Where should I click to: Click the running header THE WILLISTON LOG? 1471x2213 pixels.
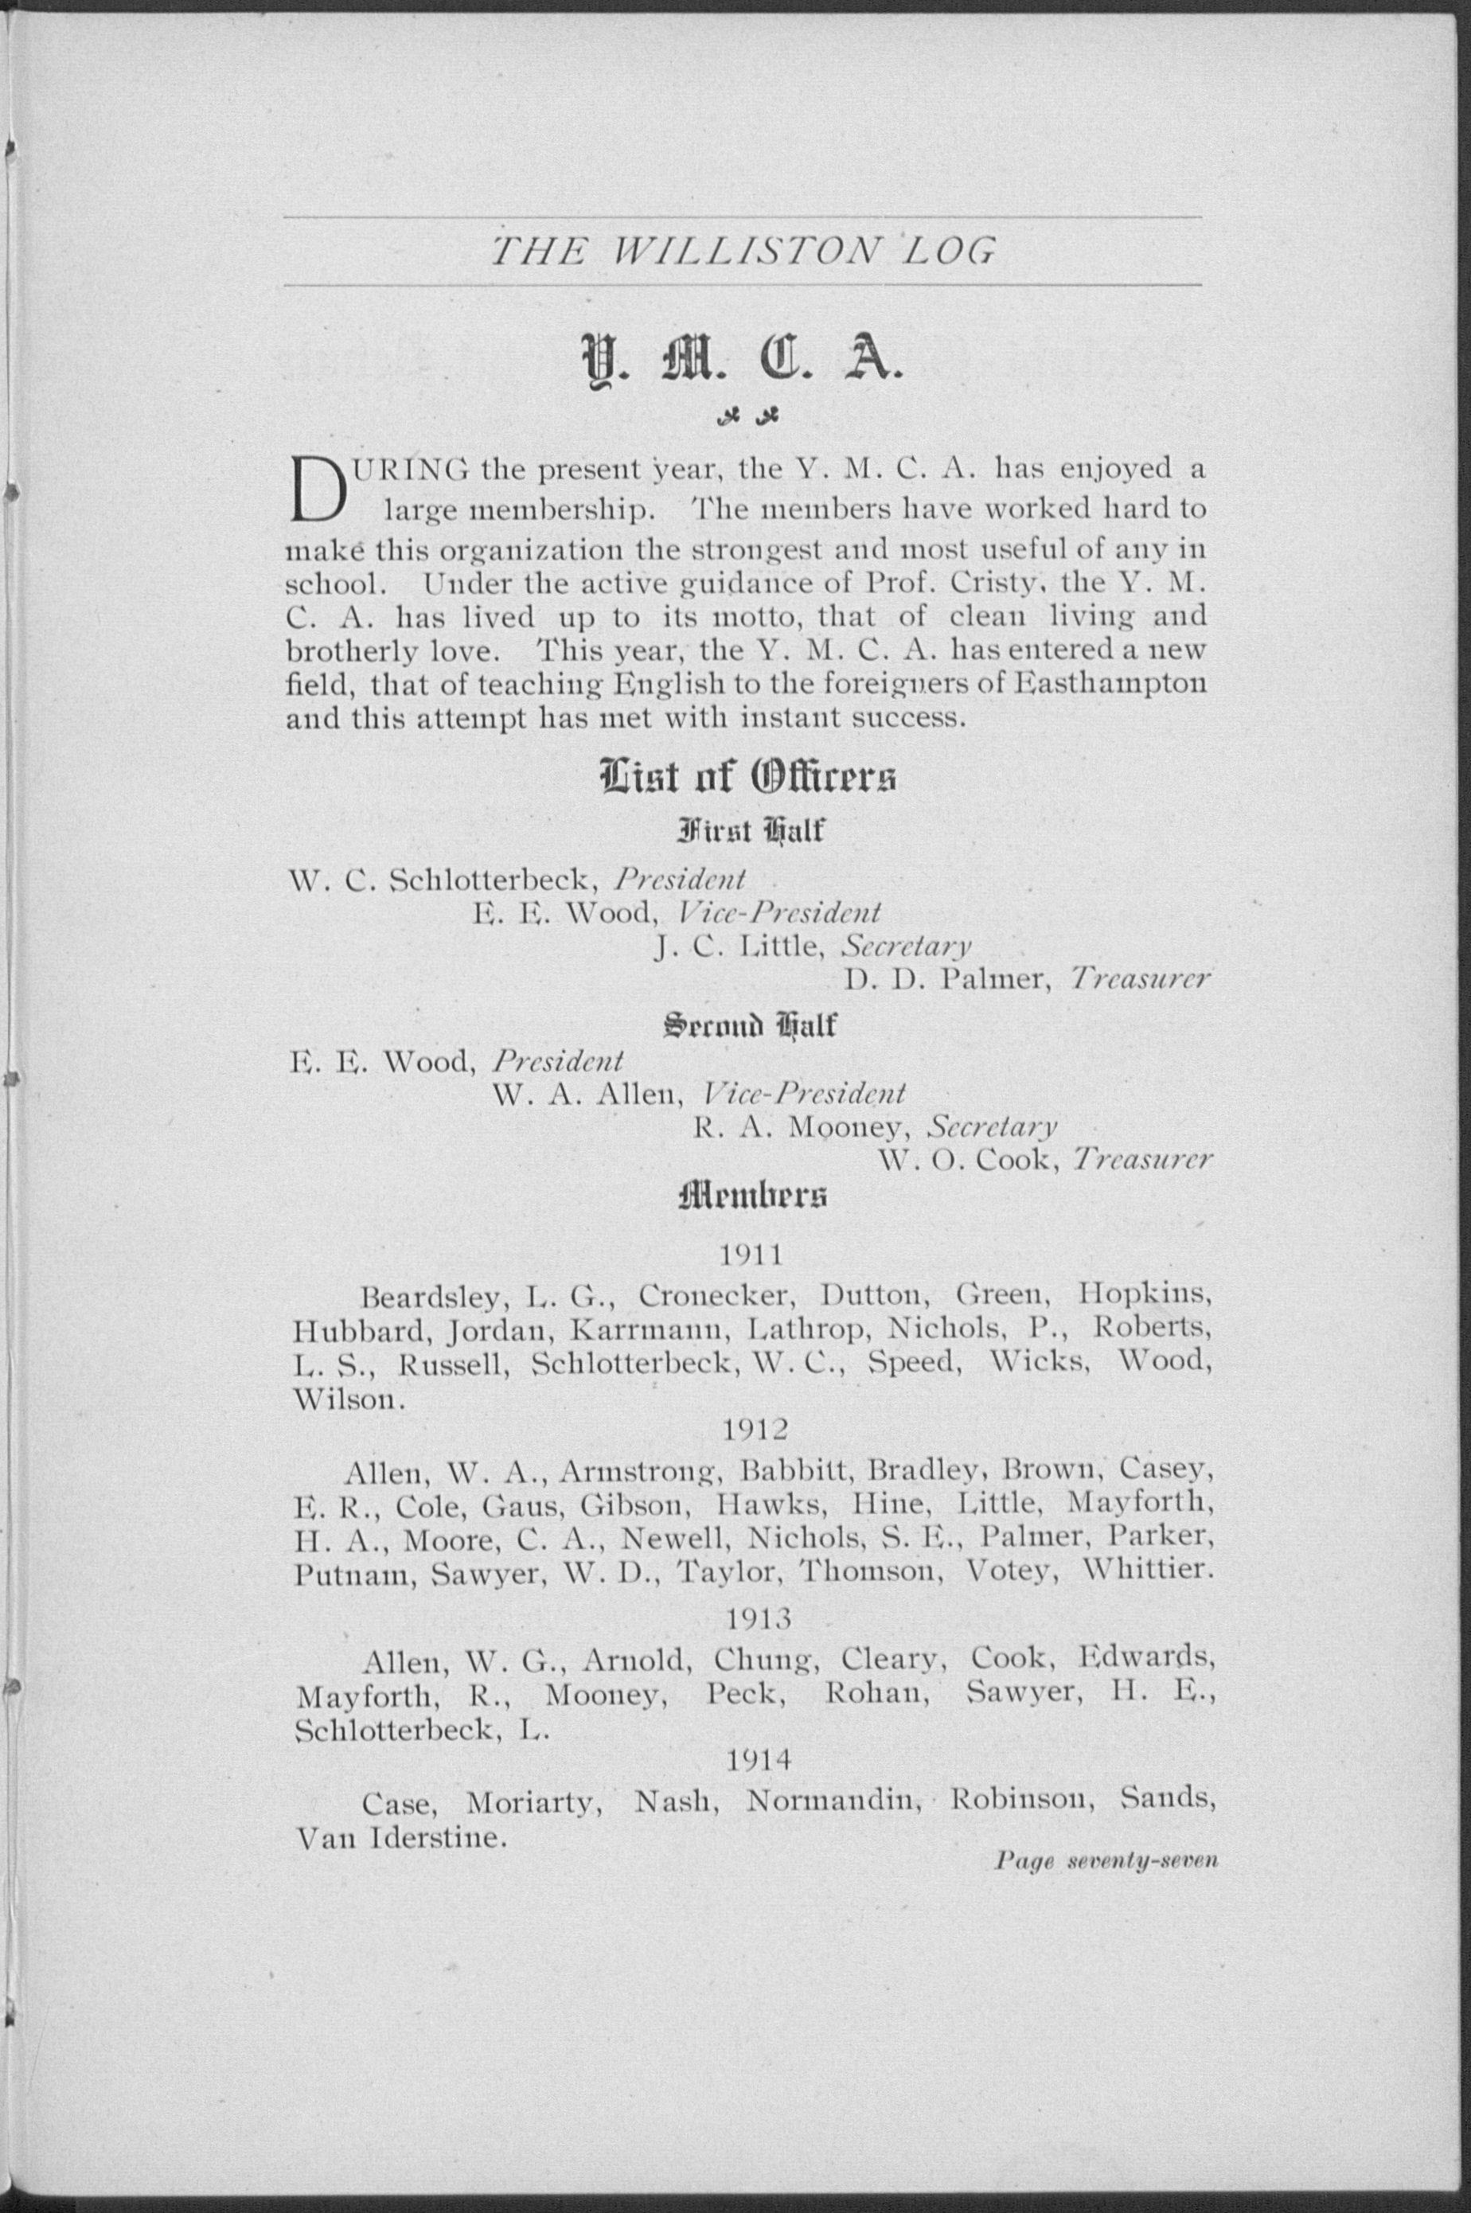coord(743,252)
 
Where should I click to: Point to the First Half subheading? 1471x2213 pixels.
coord(747,831)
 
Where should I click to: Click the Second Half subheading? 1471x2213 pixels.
coord(747,1025)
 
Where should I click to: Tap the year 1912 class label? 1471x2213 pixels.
coord(757,1429)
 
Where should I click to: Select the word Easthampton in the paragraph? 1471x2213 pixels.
coord(1113,684)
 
